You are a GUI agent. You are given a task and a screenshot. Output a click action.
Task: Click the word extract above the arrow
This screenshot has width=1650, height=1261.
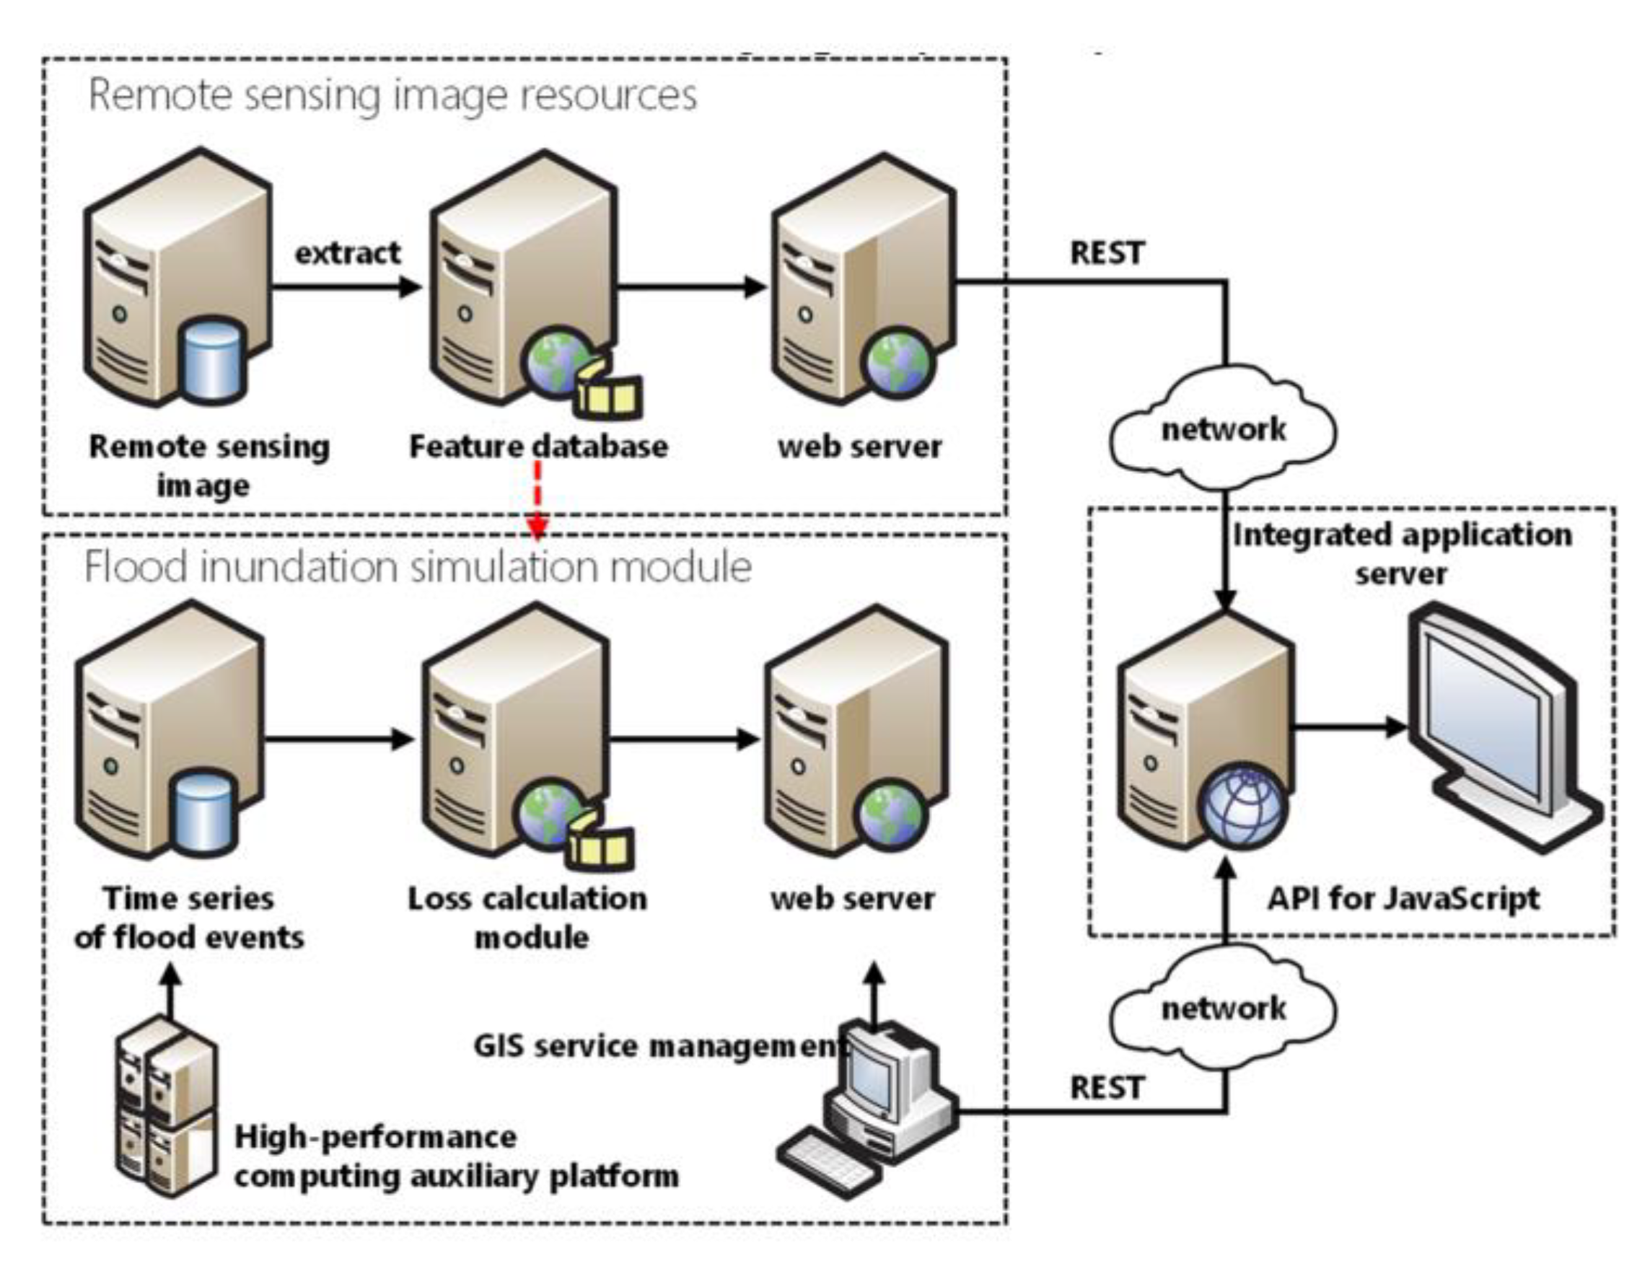click(347, 253)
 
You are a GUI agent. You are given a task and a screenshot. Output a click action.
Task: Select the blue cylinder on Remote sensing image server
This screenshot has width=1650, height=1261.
click(215, 359)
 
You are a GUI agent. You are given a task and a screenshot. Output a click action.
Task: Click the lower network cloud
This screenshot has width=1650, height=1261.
click(1223, 1008)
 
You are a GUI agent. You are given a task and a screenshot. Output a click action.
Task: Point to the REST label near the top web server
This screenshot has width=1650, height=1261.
click(1107, 253)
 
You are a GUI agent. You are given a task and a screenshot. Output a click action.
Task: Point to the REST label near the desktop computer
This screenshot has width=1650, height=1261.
click(1107, 1087)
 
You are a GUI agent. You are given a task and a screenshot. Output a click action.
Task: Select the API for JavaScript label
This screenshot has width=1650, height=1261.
click(1403, 898)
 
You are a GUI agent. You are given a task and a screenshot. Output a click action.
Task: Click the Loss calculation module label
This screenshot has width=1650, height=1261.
click(527, 917)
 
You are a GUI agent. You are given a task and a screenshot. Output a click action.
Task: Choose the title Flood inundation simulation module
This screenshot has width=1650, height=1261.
click(418, 567)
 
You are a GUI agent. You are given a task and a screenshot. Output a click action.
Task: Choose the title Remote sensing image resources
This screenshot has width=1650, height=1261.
click(392, 95)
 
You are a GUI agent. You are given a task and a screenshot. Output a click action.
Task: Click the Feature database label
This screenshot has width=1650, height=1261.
click(538, 447)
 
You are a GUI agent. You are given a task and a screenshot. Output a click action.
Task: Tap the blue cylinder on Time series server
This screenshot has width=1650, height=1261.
click(204, 811)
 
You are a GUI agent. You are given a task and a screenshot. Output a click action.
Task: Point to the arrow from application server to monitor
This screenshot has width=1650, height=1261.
click(1348, 726)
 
